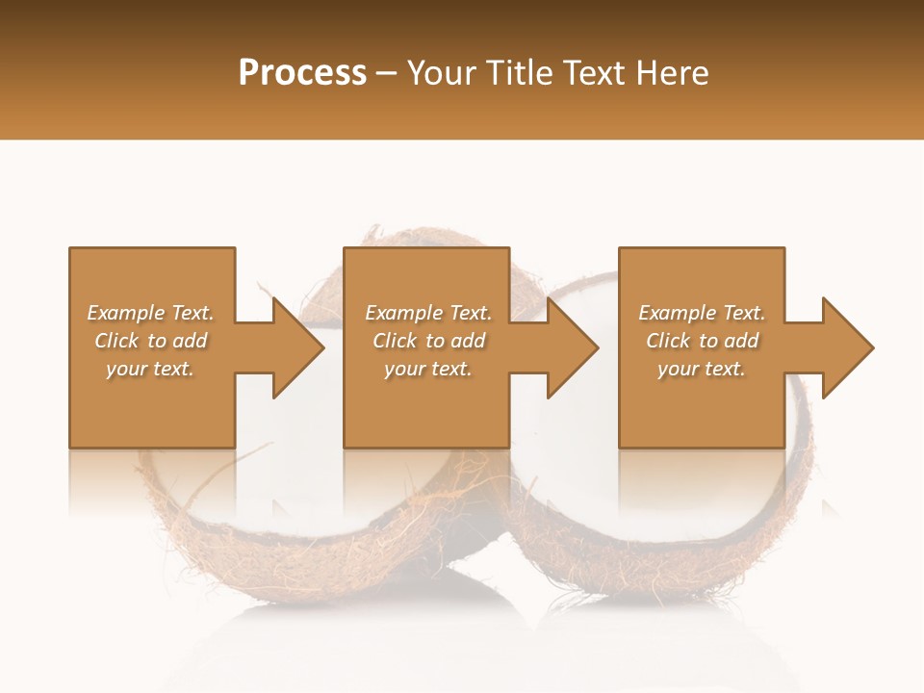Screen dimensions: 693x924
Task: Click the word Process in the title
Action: pyautogui.click(x=302, y=73)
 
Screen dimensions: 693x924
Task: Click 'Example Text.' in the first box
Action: pyautogui.click(x=150, y=313)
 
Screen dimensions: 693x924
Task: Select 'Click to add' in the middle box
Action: pyautogui.click(x=428, y=341)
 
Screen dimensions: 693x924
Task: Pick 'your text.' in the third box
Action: pyautogui.click(x=702, y=369)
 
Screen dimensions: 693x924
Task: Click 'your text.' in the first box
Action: pyautogui.click(x=150, y=369)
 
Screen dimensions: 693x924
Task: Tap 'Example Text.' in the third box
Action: pyautogui.click(x=702, y=313)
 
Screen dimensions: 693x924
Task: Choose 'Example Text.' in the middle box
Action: pyautogui.click(x=428, y=313)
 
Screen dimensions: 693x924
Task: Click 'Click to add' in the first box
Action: pyautogui.click(x=150, y=341)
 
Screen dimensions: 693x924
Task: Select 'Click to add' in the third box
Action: pyautogui.click(x=702, y=341)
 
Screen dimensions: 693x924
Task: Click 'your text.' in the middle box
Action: pyautogui.click(x=428, y=369)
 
